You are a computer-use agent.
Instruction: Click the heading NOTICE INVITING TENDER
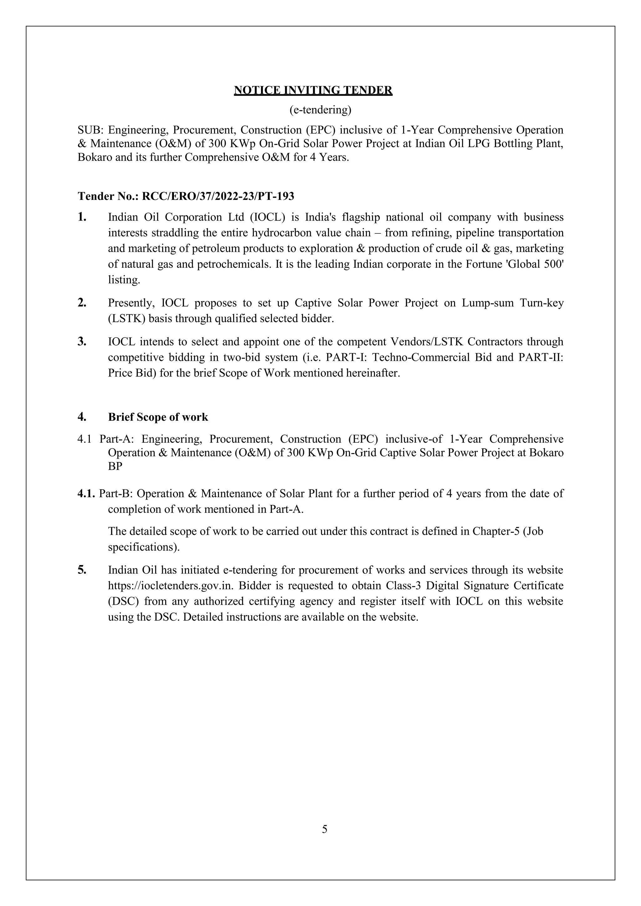pyautogui.click(x=313, y=90)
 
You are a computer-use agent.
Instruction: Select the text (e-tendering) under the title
pyautogui.click(x=320, y=110)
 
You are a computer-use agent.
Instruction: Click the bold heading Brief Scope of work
pyautogui.click(x=158, y=417)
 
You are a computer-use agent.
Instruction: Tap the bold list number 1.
pyautogui.click(x=82, y=217)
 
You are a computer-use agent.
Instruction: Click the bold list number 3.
pyautogui.click(x=82, y=341)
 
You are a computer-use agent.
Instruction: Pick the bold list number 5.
pyautogui.click(x=82, y=570)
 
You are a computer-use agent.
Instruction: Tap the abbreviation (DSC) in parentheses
pyautogui.click(x=122, y=601)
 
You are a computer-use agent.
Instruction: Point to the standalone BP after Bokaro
pyautogui.click(x=115, y=466)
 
